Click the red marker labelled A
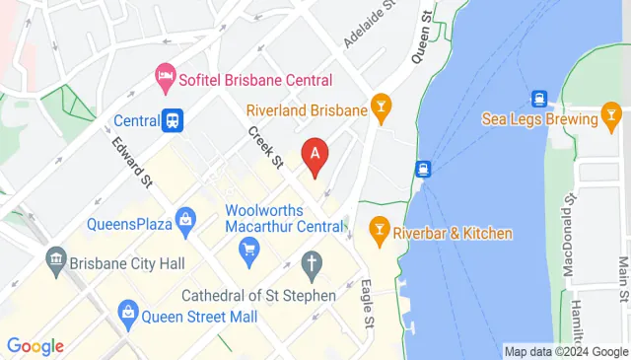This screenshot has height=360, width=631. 315,156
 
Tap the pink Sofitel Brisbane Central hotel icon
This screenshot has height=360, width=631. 165,75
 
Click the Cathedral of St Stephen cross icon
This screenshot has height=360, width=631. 312,263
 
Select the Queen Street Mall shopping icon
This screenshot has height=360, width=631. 127,316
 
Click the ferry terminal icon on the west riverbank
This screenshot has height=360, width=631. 423,170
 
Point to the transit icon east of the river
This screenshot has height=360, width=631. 539,99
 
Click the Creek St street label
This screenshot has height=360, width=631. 265,147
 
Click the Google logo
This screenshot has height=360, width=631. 35,346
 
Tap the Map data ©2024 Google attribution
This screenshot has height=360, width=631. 566,351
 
